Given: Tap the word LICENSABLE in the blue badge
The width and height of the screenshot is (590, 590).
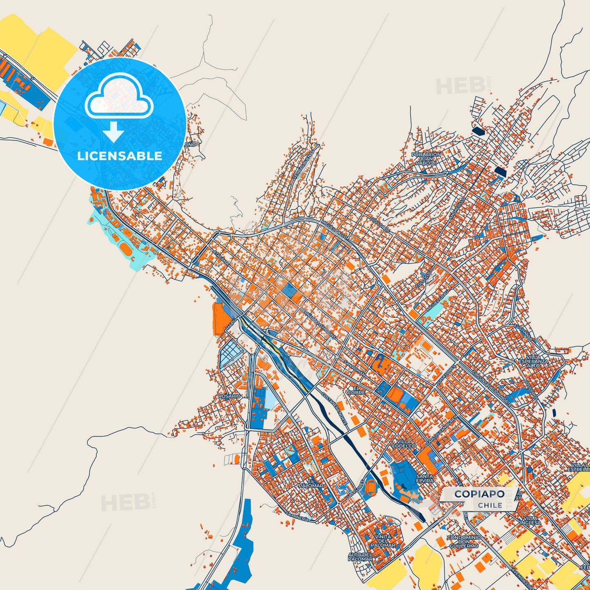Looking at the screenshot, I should coord(120,156).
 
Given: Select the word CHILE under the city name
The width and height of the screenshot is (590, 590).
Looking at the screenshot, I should coord(490,505).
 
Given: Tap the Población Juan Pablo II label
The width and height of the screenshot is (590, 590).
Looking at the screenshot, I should coord(426,159).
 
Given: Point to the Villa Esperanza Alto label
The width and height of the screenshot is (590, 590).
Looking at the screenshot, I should coord(533,361).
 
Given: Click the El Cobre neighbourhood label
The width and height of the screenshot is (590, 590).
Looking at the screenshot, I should coord(356,390).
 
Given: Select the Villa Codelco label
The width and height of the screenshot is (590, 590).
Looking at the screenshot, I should coord(404,444).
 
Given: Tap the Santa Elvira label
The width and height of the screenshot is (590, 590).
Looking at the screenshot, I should coord(425,479).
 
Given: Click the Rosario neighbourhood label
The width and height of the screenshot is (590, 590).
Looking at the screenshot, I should coord(229,396).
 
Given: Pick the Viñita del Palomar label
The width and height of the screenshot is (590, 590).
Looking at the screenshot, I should coord(383,541).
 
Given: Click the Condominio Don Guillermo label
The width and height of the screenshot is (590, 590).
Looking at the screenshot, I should coord(463,542).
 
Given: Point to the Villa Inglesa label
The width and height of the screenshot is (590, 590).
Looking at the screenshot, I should coord(530,520).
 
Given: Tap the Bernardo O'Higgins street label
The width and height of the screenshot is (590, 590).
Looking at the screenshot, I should coord(318,323).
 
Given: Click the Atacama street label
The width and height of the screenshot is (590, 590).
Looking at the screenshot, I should coord(220,259).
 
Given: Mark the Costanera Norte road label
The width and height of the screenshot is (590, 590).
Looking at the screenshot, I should coord(334,409).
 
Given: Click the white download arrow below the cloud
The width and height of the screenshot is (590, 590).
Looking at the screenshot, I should coord(114,131).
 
